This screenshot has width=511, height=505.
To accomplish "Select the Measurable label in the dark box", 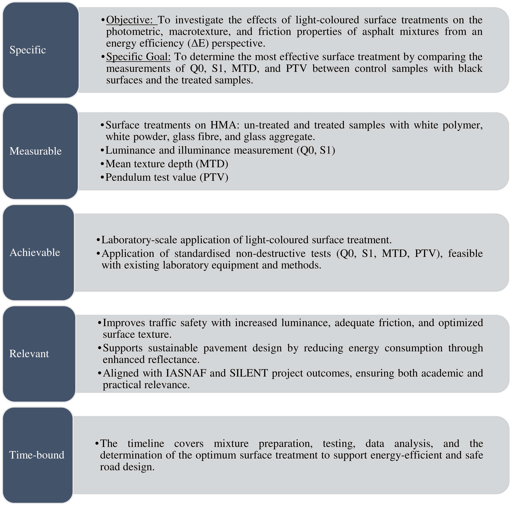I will (x=35, y=151).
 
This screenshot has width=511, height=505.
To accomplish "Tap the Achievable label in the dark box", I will (x=35, y=253).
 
